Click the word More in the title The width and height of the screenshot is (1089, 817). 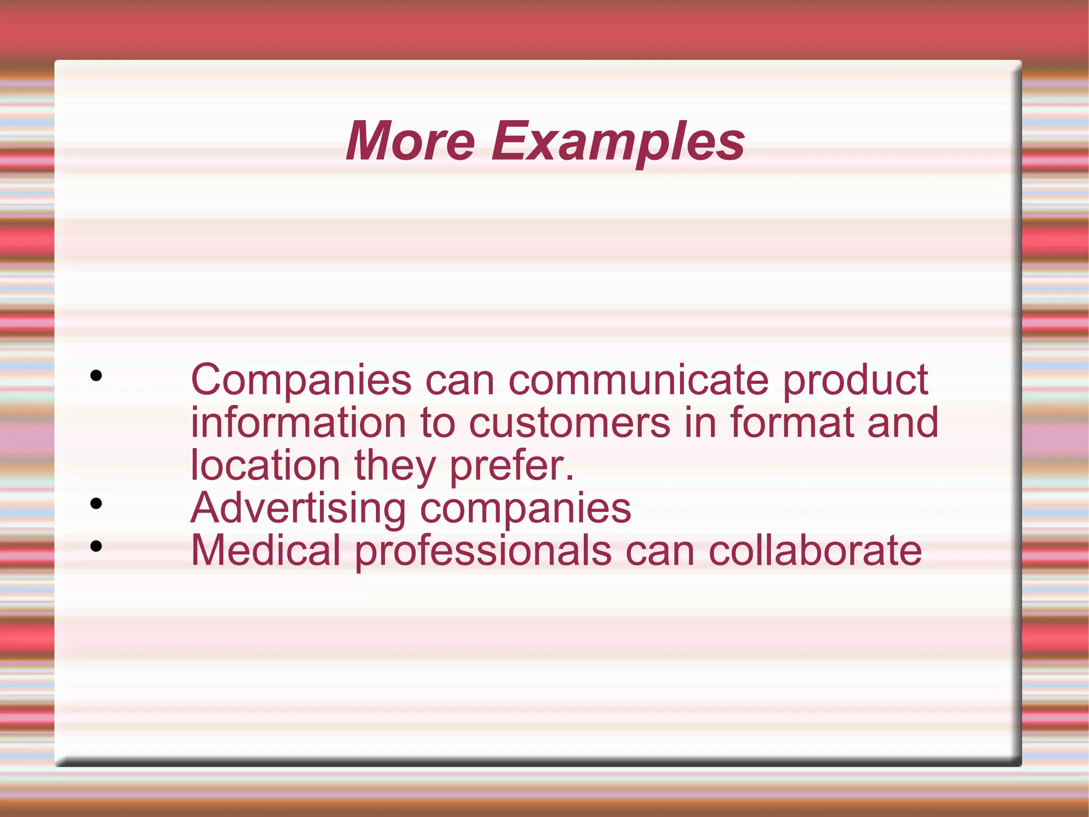coord(410,141)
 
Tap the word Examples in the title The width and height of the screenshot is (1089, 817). coord(617,142)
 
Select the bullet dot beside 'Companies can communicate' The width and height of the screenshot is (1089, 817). coord(96,376)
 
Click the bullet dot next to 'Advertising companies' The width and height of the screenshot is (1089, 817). coord(96,503)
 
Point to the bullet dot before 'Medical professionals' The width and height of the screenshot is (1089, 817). coord(96,546)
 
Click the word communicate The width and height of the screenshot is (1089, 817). coord(639,380)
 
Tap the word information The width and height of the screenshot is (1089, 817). coord(298,423)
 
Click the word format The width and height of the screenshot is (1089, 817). coord(792,423)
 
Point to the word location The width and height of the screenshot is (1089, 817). coord(265,465)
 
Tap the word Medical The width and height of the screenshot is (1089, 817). coord(265,550)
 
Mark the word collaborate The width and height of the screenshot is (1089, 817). coord(815,550)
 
